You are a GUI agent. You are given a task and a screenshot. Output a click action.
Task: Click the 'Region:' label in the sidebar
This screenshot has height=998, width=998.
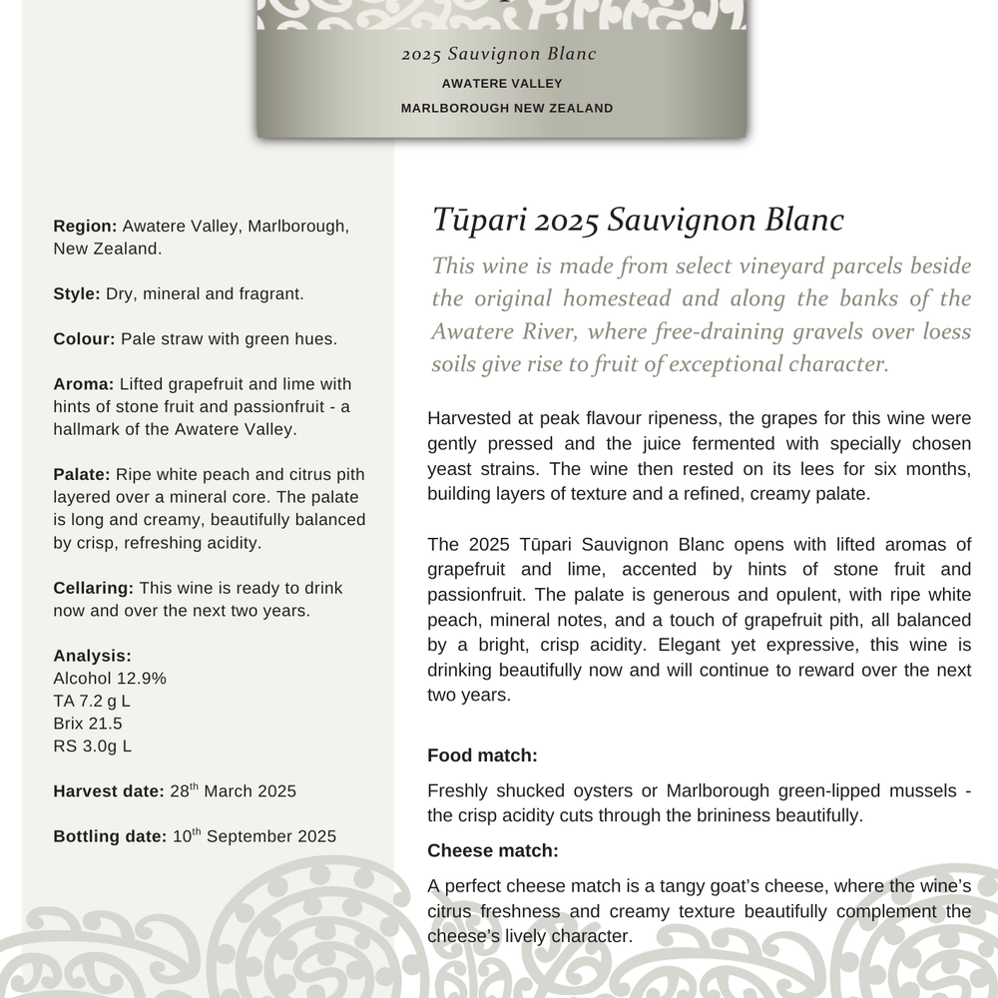coord(85,227)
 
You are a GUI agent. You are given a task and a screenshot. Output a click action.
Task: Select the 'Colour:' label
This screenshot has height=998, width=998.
coord(85,338)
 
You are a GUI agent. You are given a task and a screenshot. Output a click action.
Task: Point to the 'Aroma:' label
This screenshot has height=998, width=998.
coord(84,384)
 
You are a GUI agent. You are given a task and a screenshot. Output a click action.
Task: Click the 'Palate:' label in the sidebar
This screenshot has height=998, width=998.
coord(83,474)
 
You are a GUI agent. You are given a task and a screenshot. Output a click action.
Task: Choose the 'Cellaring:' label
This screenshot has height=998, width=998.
coord(94,588)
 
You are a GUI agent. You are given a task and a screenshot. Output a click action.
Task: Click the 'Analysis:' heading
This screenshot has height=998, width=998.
coord(92,656)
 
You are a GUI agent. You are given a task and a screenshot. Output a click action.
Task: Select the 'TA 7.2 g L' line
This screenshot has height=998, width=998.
coord(92,701)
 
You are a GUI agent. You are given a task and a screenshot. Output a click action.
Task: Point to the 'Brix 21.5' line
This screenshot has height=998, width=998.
coord(88,723)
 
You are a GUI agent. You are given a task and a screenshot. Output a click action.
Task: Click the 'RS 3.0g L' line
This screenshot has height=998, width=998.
coord(92,746)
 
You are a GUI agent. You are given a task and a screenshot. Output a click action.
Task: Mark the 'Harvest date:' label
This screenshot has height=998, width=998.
coord(108,791)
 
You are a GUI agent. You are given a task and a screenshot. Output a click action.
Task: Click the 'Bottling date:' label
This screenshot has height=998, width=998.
coord(110,836)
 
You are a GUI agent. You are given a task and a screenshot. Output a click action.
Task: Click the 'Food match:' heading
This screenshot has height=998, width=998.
coord(482,755)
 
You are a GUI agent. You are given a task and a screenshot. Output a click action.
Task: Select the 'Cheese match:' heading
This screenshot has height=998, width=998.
coord(492,850)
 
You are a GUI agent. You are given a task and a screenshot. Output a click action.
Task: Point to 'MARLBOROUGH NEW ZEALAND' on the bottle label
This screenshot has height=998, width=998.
coord(506,108)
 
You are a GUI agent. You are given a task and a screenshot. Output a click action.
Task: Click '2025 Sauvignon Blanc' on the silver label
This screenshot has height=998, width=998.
coord(499,54)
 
